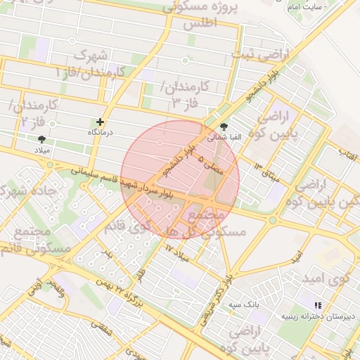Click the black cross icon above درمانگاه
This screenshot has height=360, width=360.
click(100, 122)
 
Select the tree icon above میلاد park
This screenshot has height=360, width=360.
click(41, 139)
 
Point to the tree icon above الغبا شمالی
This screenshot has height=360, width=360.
click(224, 127)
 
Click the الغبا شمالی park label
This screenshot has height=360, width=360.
click(224, 138)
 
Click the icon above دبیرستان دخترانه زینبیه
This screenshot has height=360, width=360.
click(318, 305)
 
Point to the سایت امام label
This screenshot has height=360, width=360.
click(305, 6)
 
